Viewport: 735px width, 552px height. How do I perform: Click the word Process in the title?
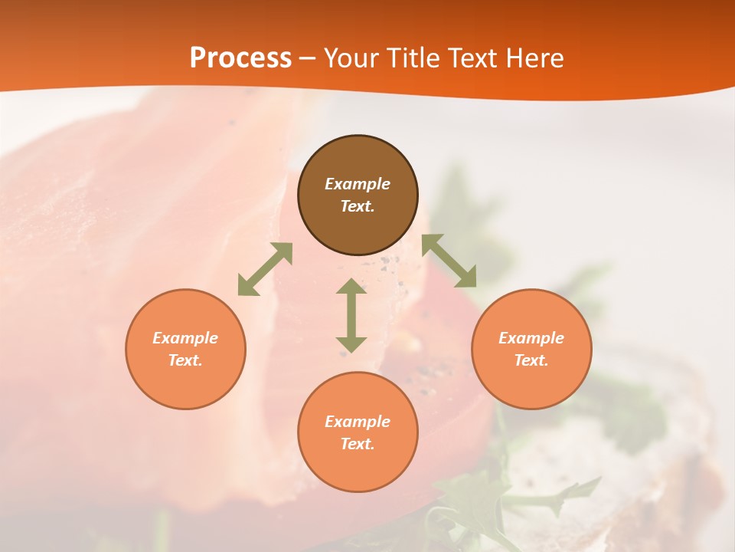pos(240,58)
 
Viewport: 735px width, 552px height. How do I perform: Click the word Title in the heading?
pos(413,58)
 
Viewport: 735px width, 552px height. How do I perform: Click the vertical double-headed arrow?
pos(351,315)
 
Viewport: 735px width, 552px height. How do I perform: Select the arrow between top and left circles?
pos(265,269)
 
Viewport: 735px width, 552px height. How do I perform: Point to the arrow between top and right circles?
pos(449,261)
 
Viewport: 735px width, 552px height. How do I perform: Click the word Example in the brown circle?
pos(358,184)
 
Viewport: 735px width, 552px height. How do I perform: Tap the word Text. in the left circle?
pos(185,360)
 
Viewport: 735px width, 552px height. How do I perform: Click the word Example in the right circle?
pos(531,338)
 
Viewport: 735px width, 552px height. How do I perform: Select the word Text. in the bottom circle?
pos(358,444)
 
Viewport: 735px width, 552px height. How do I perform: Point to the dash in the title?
pos(308,59)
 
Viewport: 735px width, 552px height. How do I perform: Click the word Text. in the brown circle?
pos(358,206)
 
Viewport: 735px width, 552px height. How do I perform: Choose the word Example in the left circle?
pos(185,338)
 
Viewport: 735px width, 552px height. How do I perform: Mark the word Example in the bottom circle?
pos(358,422)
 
